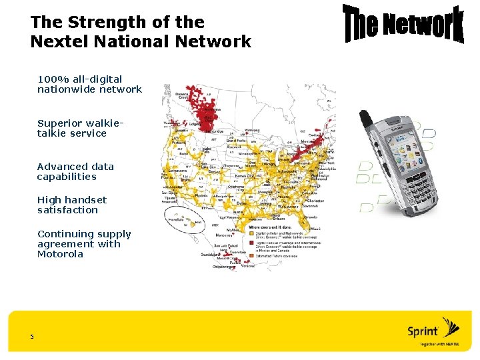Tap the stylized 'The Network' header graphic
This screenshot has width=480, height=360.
click(x=403, y=25)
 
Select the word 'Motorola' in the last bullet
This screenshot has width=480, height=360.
click(x=60, y=254)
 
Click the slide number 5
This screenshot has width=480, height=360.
click(x=31, y=337)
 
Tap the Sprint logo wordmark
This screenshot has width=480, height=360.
click(x=423, y=331)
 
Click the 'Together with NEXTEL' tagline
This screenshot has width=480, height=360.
click(x=441, y=345)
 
